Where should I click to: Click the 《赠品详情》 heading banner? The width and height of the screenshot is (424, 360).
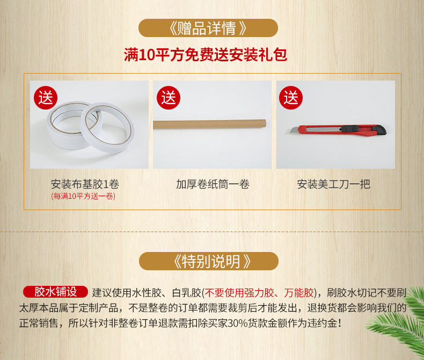(x=208, y=28)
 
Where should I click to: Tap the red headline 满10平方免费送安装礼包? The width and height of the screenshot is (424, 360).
(x=206, y=55)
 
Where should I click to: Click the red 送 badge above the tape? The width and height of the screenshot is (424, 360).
(x=46, y=98)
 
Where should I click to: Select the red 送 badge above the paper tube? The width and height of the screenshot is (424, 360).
(x=169, y=98)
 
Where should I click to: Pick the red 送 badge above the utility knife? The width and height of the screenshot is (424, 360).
(x=291, y=98)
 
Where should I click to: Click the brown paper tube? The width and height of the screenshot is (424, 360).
(x=209, y=124)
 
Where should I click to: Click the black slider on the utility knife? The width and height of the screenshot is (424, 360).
(x=350, y=128)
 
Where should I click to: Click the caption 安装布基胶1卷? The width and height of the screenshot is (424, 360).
(x=85, y=184)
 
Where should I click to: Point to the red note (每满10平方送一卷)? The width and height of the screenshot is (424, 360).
(x=83, y=196)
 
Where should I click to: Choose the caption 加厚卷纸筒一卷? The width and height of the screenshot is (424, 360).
(x=213, y=184)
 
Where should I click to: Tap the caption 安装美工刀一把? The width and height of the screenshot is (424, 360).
(x=333, y=184)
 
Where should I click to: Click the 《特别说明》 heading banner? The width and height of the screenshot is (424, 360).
(x=208, y=261)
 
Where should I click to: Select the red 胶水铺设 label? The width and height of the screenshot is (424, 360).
(x=55, y=292)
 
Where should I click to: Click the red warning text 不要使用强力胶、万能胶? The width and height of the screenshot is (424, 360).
(x=259, y=293)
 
